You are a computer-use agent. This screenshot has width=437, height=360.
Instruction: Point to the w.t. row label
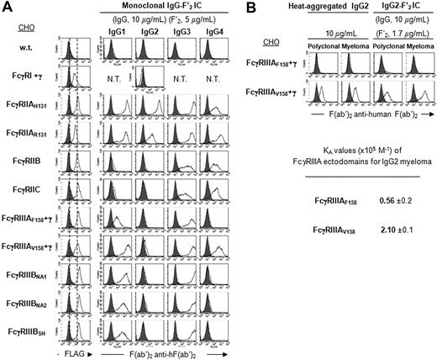pyautogui.click(x=27, y=58)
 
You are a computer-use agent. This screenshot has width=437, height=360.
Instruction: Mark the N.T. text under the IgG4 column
pyautogui.click(x=217, y=82)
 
